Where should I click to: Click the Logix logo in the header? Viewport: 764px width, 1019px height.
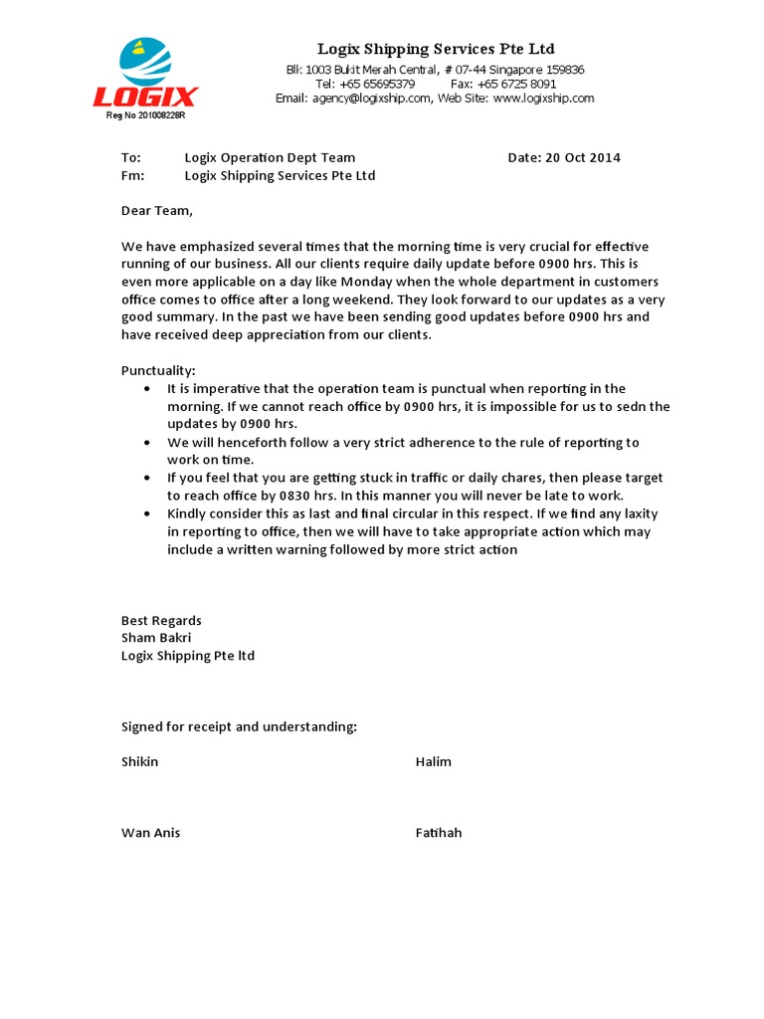coord(145,74)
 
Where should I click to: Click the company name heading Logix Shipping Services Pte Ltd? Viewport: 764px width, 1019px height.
coord(436,49)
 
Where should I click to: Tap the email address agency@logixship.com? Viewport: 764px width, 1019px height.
coord(371,99)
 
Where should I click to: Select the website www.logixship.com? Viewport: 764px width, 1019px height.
coord(543,99)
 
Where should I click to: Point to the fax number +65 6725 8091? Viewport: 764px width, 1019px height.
coord(520,85)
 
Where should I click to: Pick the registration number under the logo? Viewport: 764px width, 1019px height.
coord(146,115)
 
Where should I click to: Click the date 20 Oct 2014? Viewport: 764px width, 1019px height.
coord(583,158)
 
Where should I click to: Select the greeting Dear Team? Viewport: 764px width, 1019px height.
coord(156,211)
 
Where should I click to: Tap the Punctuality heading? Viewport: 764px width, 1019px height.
coord(159,370)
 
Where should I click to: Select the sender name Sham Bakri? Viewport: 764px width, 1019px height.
coord(156,638)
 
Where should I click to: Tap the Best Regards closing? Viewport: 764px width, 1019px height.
coord(161,620)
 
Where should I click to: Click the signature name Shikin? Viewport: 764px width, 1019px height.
coord(139,762)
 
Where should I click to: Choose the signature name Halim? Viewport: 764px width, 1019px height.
coord(433,762)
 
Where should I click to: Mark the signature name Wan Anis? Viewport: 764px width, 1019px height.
coord(151,833)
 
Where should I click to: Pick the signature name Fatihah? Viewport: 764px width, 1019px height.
coord(439,833)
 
